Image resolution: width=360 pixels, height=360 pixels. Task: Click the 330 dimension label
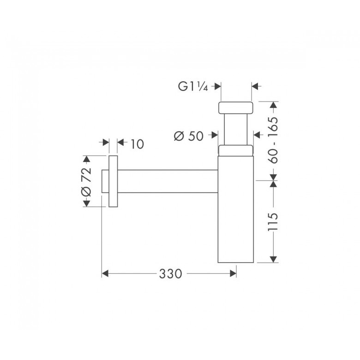click(170, 274)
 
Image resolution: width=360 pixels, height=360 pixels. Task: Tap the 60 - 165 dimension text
click(273, 140)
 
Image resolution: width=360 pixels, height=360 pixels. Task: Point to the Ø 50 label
click(189, 136)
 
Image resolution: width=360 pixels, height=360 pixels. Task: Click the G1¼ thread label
click(193, 87)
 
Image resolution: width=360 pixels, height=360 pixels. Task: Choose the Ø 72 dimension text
click(87, 182)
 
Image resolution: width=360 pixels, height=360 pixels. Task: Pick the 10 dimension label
click(137, 144)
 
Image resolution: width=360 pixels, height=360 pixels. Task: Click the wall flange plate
click(113, 181)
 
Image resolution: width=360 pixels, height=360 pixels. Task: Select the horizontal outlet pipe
click(168, 181)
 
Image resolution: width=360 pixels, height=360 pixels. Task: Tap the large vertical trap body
click(235, 209)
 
